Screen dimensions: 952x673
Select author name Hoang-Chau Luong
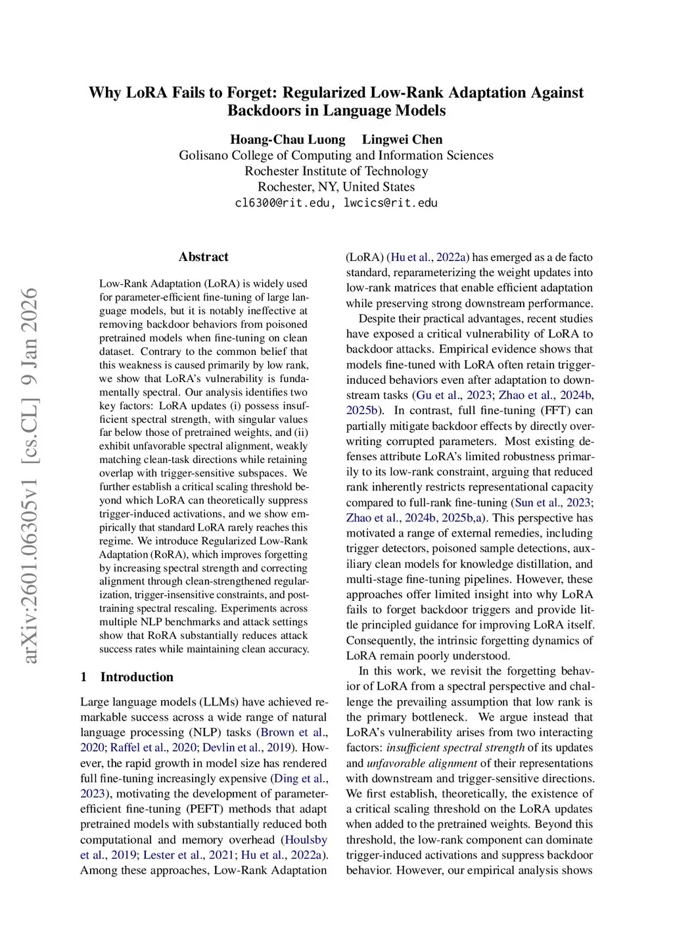[x=287, y=139]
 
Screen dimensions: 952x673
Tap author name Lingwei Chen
[x=402, y=139]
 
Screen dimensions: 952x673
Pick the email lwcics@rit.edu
[x=390, y=202]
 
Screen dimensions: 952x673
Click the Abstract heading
[x=203, y=257]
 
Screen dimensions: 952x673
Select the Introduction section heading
[x=137, y=677]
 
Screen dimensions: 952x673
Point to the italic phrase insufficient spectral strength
[x=455, y=748]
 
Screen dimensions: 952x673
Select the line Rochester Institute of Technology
[x=336, y=171]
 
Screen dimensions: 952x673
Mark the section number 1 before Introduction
[x=83, y=677]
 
